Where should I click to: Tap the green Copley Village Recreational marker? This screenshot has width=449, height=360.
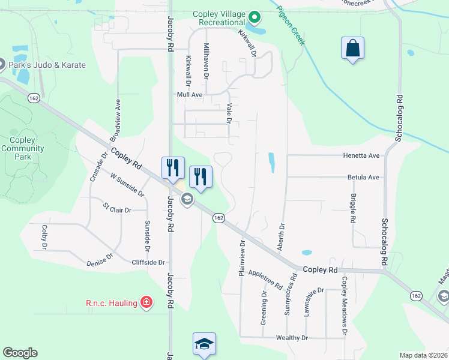255,17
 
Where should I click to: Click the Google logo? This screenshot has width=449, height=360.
20,353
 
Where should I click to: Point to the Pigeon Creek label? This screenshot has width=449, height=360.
291,26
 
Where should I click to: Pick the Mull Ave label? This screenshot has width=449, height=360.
190,95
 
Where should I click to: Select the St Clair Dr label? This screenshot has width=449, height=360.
116,208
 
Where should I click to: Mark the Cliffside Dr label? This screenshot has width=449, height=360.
148,262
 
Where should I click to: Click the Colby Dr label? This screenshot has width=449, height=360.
44,237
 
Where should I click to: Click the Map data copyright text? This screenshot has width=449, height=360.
423,355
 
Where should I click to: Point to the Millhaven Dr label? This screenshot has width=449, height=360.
206,61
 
